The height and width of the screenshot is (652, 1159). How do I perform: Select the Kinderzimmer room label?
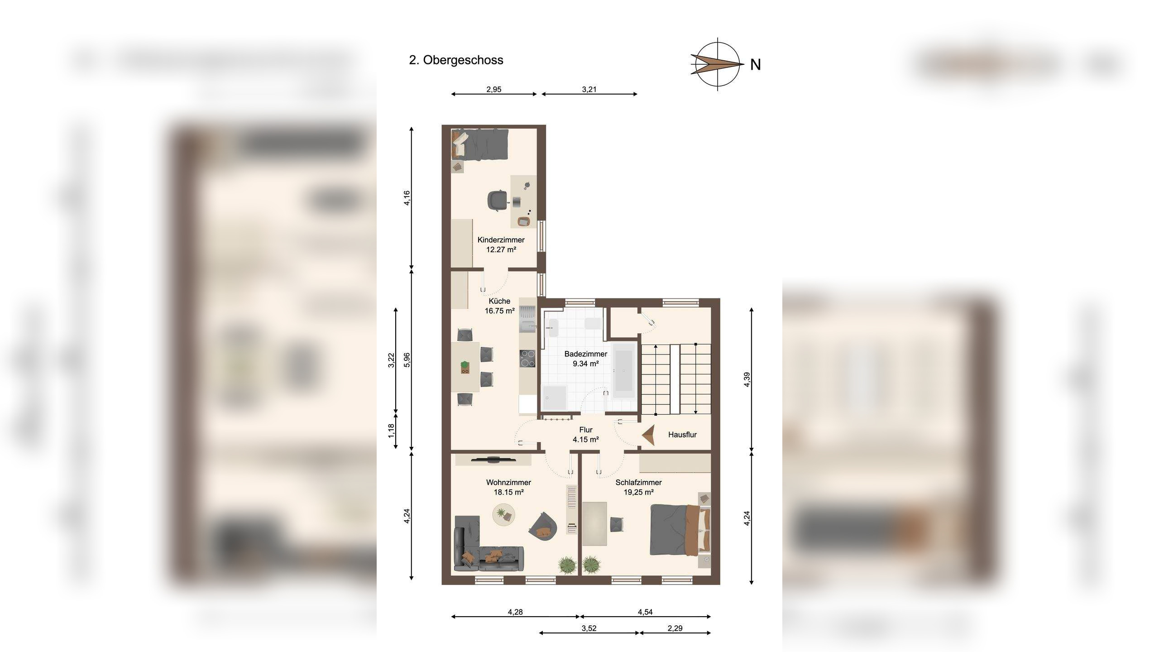[x=501, y=240]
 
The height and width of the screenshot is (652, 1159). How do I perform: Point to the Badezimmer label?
[x=586, y=354]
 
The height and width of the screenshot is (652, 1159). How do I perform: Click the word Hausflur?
[x=682, y=435]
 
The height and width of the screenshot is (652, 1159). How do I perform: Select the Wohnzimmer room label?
[x=509, y=483]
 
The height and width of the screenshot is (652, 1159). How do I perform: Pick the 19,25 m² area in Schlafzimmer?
[x=639, y=492]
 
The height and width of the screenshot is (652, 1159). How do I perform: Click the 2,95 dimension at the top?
[x=494, y=90]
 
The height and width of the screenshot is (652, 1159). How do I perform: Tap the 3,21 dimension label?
[x=589, y=90]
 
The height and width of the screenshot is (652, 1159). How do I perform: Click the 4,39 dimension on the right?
[x=747, y=379]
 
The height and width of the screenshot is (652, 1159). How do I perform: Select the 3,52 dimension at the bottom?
[x=589, y=628]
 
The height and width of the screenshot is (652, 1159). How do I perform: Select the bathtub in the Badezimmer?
[x=624, y=370]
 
